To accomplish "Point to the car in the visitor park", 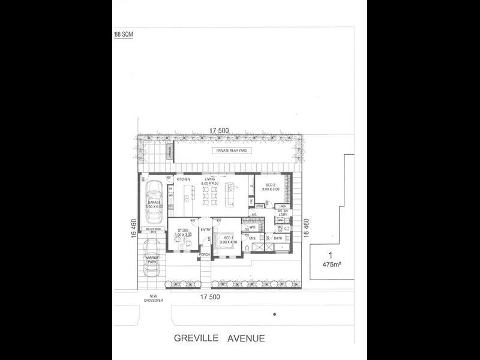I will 151,258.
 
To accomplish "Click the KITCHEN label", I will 183,179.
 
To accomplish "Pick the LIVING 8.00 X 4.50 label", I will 211,181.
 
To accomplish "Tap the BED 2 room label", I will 270,186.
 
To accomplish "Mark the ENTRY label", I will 205,229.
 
